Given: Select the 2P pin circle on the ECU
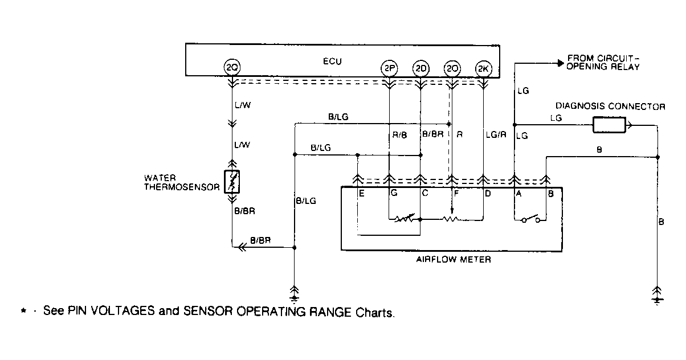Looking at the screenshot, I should [x=389, y=68].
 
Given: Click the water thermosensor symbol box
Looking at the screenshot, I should [x=232, y=181].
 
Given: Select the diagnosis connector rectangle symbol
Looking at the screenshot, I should [x=609, y=125].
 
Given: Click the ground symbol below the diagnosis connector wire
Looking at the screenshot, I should [x=658, y=293].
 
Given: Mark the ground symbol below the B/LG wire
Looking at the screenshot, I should [x=295, y=292].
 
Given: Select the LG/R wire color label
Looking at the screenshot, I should [x=495, y=135].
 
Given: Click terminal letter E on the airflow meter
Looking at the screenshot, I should [x=362, y=193].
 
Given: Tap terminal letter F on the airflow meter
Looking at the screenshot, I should [x=456, y=193].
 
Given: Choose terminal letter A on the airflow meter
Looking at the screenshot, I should [x=519, y=193].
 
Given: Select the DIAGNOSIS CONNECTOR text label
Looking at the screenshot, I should [x=610, y=107].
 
